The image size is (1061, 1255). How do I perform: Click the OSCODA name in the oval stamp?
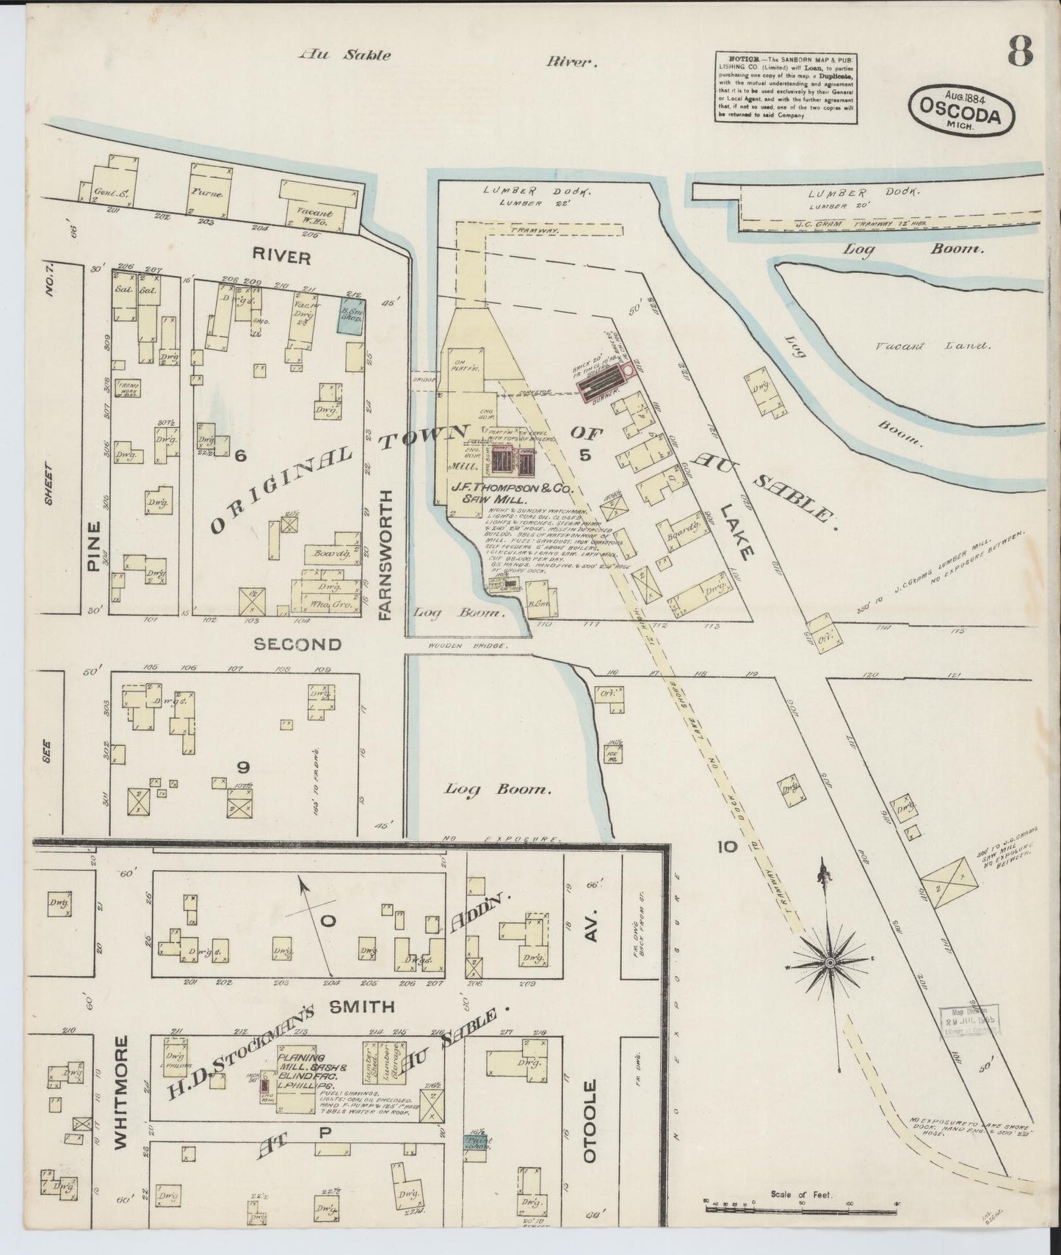[x=962, y=114]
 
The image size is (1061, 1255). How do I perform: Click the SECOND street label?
[x=297, y=644]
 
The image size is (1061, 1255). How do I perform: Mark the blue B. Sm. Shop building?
[x=351, y=316]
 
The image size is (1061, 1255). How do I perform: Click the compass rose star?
[x=829, y=961]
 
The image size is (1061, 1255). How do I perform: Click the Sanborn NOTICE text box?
[x=786, y=87]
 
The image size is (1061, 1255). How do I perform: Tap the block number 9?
[x=243, y=767]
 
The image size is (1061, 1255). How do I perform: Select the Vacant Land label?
[x=933, y=345]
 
